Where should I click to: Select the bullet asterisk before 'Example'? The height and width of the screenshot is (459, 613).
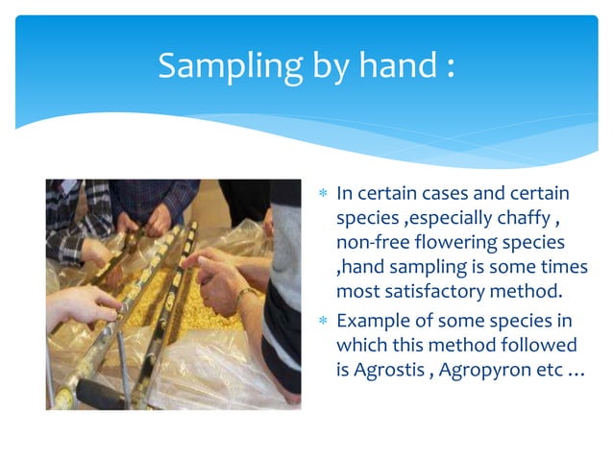pyautogui.click(x=324, y=321)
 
